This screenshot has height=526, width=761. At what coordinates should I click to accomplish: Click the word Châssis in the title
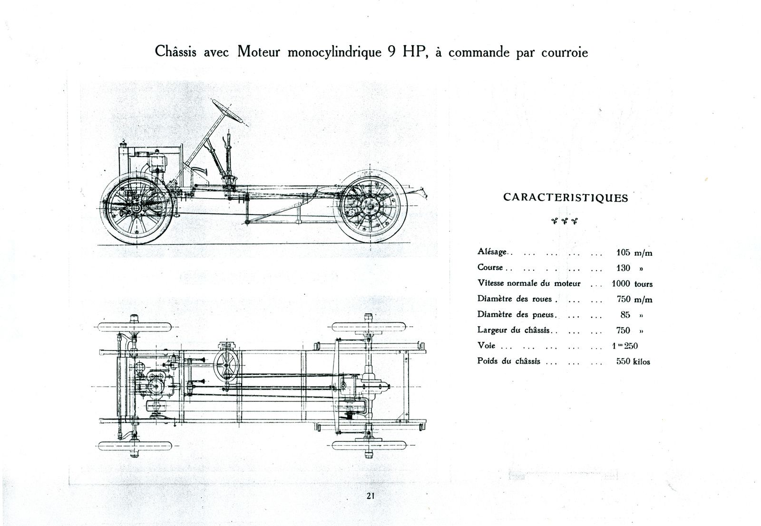point(176,52)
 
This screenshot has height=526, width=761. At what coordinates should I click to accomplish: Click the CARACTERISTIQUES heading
point(566,198)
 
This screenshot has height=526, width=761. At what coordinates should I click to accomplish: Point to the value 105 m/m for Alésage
point(634,253)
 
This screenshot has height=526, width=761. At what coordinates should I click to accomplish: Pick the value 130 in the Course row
point(623,268)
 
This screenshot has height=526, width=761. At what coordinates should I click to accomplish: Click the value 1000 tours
point(632,284)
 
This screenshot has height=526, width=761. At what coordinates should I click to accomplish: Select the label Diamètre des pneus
point(517,315)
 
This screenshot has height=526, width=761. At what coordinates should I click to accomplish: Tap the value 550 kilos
point(633,361)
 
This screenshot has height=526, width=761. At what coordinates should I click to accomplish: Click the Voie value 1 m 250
point(625,346)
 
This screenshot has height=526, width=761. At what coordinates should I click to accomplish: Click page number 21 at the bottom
point(371,496)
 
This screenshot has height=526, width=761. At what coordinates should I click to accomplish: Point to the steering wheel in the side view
point(227,111)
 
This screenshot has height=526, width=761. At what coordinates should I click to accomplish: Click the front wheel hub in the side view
point(136,208)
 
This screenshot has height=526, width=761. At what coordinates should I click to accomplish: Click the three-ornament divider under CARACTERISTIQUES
point(565,221)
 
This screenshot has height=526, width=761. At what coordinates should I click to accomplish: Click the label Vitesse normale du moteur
point(529,283)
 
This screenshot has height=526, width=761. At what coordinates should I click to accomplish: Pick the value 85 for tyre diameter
point(625,315)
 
